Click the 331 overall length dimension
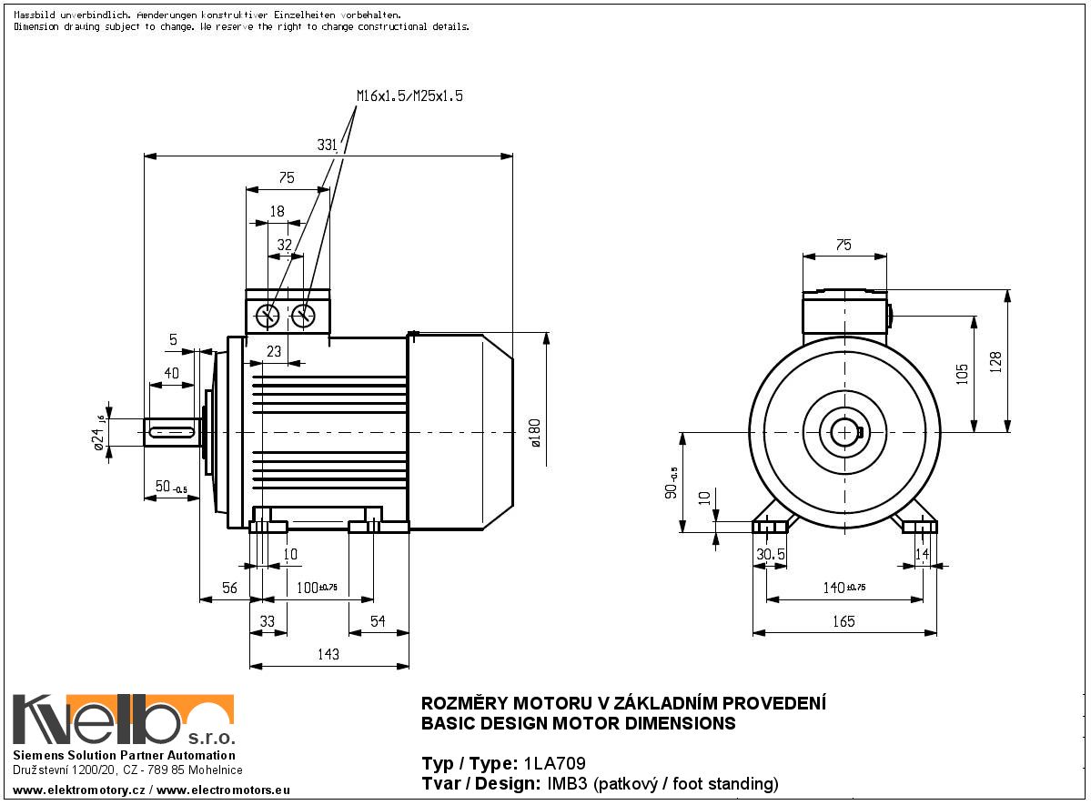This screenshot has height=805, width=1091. [x=328, y=144]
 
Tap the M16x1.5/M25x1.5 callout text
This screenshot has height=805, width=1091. [x=409, y=96]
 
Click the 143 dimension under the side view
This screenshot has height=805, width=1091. [x=328, y=654]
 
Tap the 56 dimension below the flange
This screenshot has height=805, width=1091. [x=229, y=589]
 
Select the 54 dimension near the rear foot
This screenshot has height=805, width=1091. [x=377, y=621]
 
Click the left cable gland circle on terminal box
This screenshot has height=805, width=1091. [x=268, y=316]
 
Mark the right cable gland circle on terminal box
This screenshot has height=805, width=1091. [x=303, y=316]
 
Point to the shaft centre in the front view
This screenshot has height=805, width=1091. [x=845, y=431]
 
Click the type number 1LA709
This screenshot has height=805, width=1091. [x=554, y=763]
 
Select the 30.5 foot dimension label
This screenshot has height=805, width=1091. [x=772, y=555]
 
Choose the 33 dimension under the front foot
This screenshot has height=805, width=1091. [x=268, y=621]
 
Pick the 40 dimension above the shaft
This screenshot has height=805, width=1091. [x=172, y=373]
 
